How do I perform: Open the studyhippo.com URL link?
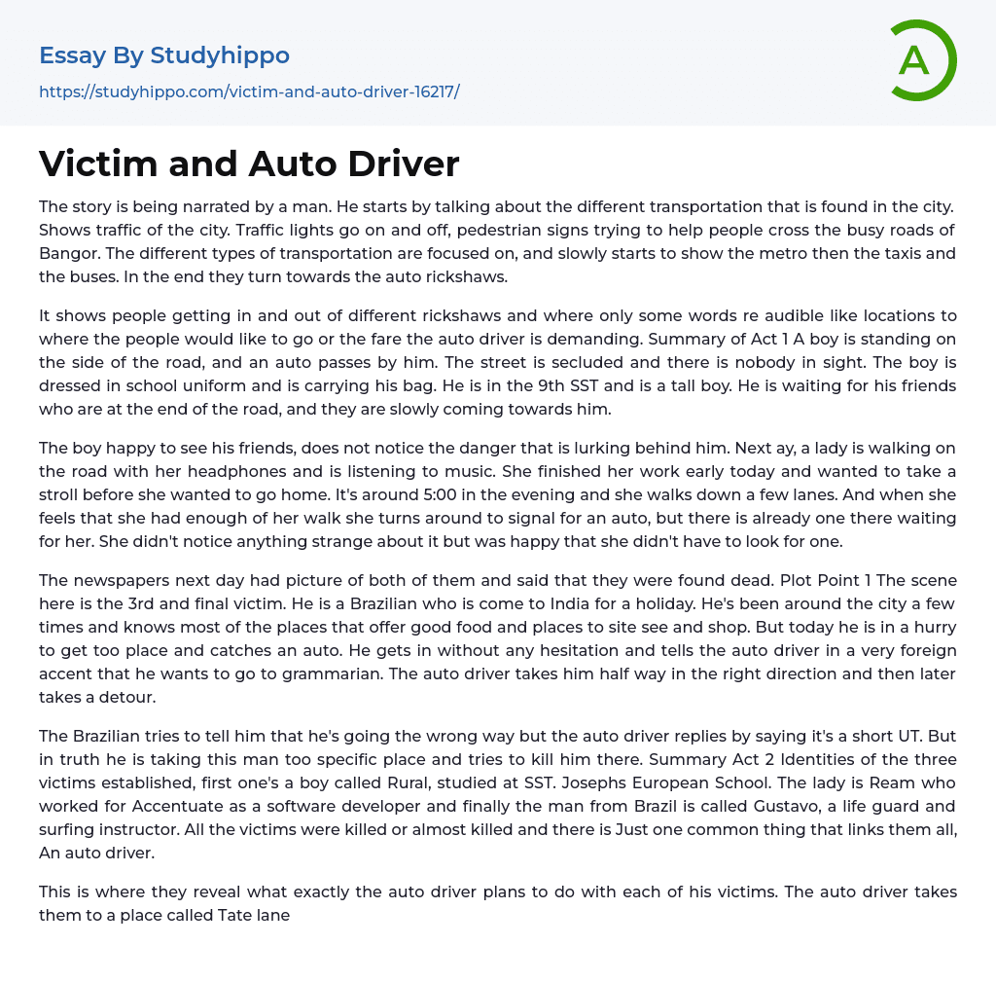tap(249, 91)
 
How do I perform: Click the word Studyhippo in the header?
tap(220, 55)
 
